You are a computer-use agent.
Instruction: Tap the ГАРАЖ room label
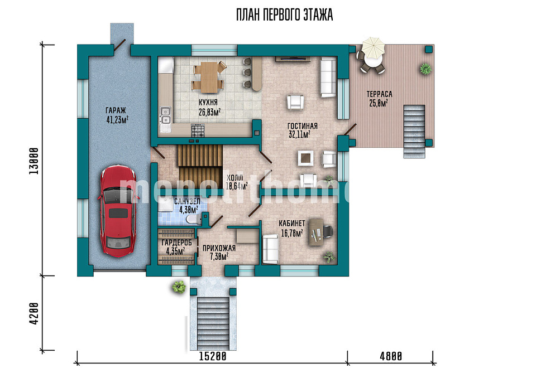116,110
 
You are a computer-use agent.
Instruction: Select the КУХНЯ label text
208,103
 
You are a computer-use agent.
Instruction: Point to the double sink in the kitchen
165,115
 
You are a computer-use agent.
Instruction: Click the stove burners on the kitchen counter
198,130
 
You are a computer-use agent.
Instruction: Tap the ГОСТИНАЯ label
302,126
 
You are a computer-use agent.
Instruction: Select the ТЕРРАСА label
380,94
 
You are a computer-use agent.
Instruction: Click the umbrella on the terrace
374,47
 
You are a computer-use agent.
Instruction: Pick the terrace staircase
414,132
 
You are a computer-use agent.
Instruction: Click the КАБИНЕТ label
292,224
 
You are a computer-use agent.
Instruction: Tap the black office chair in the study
328,231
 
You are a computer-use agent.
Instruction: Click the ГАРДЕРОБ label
177,243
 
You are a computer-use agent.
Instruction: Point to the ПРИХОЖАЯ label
219,248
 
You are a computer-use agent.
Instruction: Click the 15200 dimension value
213,356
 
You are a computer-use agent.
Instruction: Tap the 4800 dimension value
391,356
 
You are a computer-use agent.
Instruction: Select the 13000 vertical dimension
34,161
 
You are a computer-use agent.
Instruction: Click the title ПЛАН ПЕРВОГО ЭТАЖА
284,15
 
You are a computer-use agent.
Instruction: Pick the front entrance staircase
213,323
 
